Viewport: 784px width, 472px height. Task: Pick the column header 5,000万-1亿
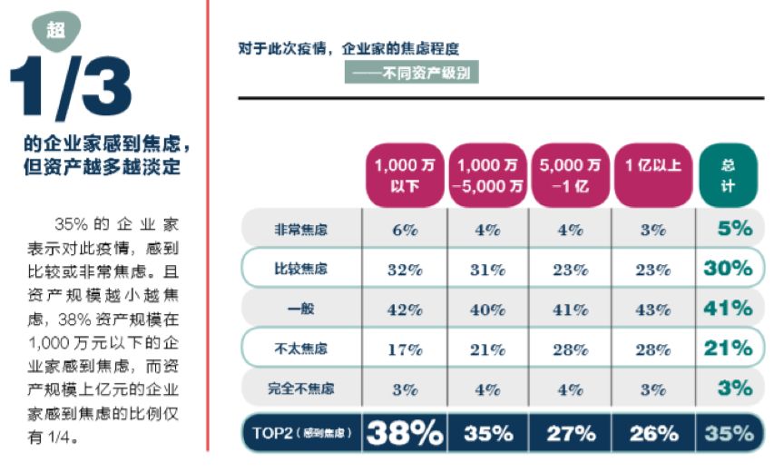[570, 174]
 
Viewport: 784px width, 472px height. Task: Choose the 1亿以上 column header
[652, 166]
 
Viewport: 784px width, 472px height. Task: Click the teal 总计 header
[728, 174]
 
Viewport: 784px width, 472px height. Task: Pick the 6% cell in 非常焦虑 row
[403, 230]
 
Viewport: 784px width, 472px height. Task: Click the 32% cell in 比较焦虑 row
[403, 269]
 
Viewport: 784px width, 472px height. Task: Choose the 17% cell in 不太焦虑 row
[403, 349]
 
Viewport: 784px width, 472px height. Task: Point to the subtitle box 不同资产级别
[411, 72]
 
